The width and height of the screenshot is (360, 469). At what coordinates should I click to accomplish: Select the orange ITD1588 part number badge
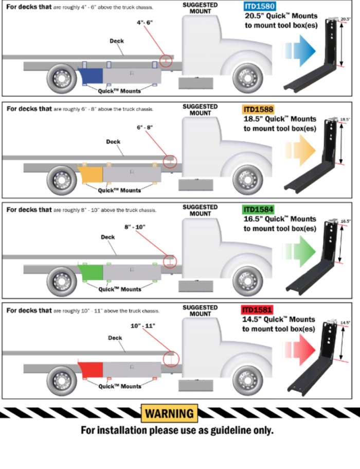tap(259, 109)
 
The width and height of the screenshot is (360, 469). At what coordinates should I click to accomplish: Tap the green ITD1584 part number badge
tap(259, 210)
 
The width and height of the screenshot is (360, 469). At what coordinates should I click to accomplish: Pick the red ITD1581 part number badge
tap(257, 310)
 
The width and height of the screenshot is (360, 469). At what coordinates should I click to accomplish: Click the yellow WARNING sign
tap(169, 413)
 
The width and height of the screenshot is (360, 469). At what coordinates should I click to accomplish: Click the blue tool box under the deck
tap(91, 76)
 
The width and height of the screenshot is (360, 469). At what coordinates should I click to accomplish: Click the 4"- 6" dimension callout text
tap(146, 23)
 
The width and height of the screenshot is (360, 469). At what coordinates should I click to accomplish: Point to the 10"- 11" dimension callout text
tap(142, 325)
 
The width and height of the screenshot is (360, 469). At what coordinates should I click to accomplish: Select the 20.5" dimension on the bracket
tap(345, 19)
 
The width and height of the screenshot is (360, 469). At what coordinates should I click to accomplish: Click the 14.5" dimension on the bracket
tap(345, 323)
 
